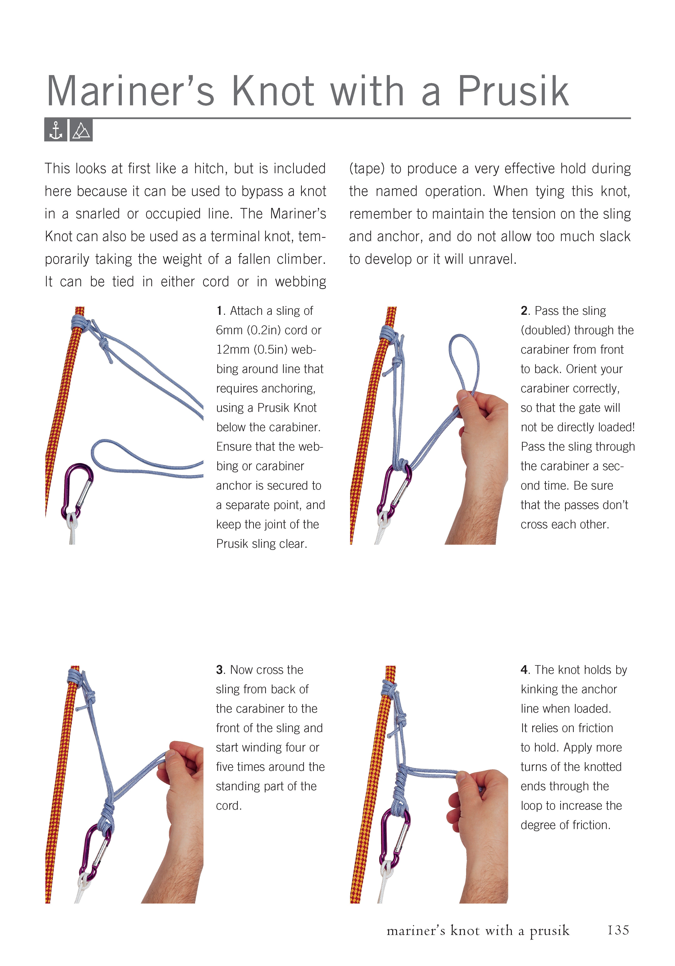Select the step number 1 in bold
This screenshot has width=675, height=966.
(219, 311)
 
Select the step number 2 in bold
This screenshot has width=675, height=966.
(524, 311)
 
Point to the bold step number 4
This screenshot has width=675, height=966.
(524, 670)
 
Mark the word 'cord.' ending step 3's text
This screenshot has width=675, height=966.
(228, 806)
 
